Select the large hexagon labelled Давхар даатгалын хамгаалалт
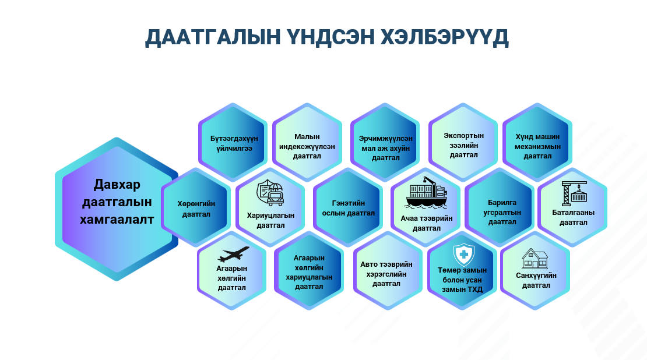(117, 209)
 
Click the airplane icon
(233, 255)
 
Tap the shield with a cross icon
(464, 255)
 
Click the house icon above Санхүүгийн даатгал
(535, 259)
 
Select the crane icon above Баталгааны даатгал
(574, 193)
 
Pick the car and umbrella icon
(270, 193)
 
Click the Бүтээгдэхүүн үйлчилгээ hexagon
(233, 142)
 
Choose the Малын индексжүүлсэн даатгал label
(307, 146)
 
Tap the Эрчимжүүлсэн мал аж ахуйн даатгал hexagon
(385, 142)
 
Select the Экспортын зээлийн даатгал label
(464, 145)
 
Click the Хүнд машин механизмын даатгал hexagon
(537, 142)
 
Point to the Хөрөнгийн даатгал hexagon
(196, 207)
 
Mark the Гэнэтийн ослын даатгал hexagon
(348, 207)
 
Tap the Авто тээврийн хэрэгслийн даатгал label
(386, 274)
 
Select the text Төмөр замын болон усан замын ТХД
(462, 280)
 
